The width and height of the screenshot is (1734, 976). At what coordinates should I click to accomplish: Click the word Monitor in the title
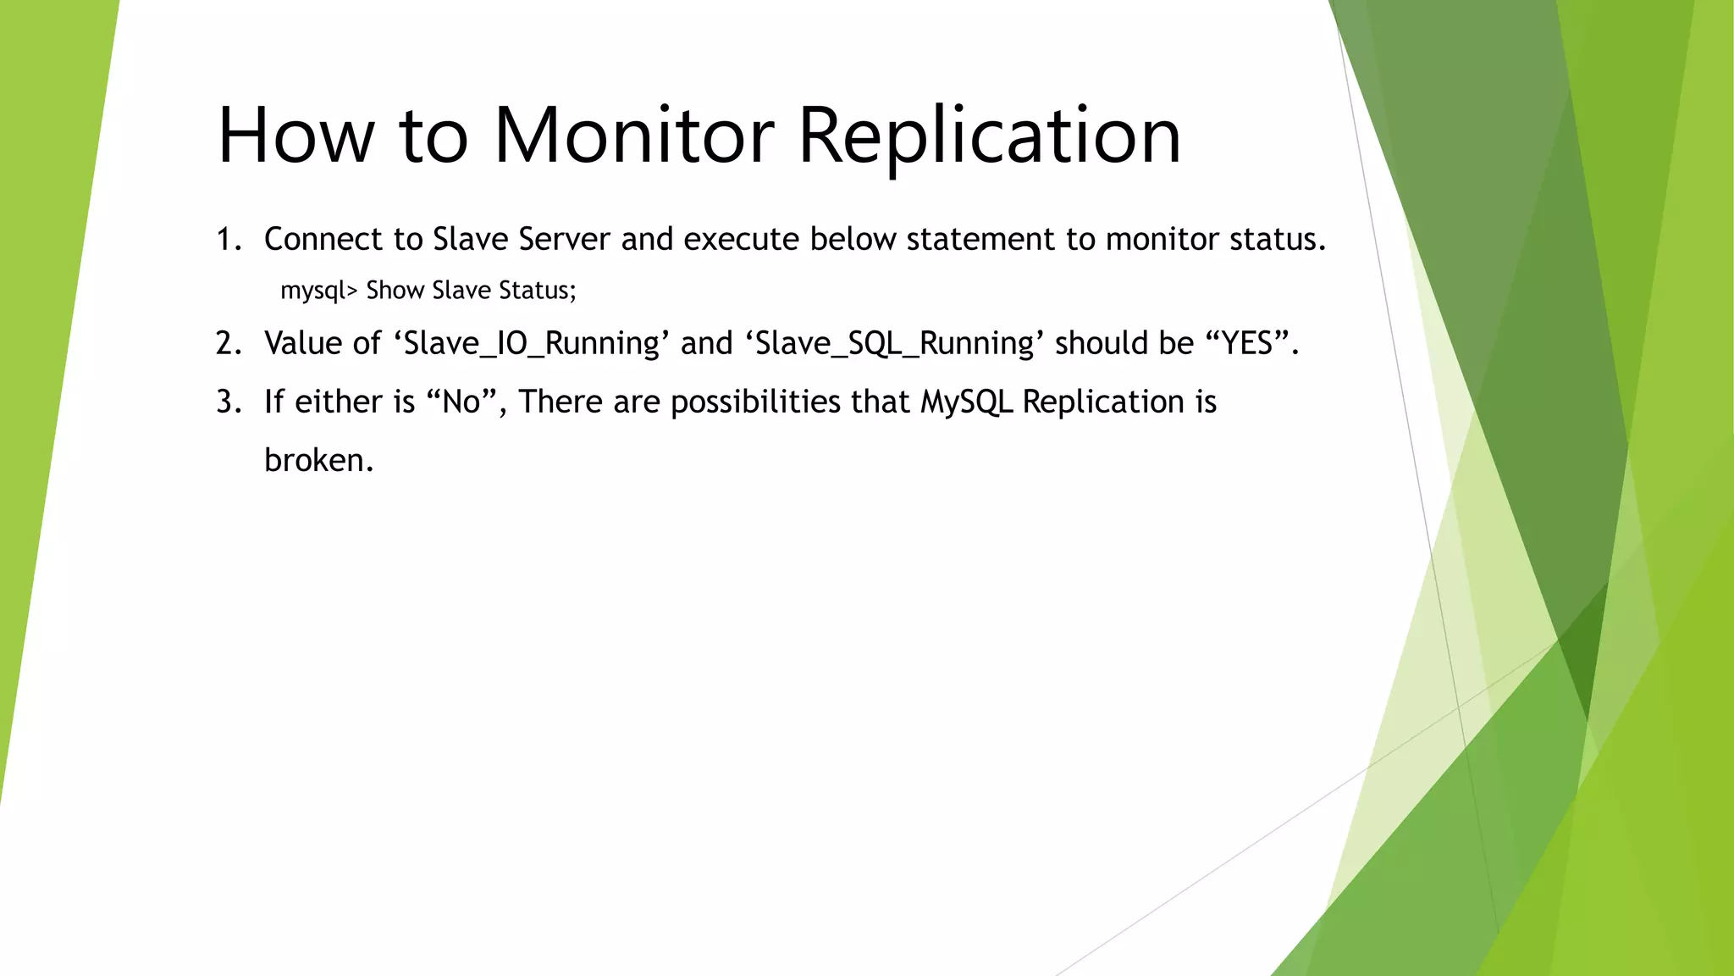pos(633,136)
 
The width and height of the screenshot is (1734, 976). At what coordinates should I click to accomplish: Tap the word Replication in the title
pos(989,136)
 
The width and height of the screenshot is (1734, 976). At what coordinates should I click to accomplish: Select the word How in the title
pos(295,136)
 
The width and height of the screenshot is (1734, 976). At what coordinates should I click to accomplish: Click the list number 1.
pos(229,240)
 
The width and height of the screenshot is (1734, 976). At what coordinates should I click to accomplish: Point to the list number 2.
pos(229,343)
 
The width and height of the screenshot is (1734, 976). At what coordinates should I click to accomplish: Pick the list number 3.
pos(229,402)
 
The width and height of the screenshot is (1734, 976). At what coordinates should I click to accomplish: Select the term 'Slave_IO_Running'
pos(532,343)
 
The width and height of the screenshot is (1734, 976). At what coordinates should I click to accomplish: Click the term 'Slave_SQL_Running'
pos(894,343)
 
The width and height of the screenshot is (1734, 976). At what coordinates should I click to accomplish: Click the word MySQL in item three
pos(966,402)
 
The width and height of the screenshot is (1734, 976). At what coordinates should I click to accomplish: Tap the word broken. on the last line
pos(318,460)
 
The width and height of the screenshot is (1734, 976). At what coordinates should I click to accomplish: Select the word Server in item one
pos(564,240)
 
